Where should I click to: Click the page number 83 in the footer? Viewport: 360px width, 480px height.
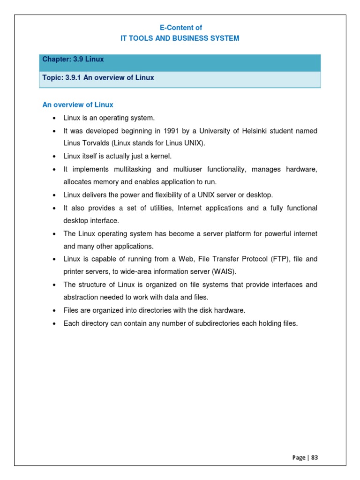pos(314,457)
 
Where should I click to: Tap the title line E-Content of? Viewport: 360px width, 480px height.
pos(180,28)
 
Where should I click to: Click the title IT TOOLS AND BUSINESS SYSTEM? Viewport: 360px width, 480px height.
pos(180,38)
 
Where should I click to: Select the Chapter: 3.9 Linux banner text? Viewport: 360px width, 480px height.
pos(73,59)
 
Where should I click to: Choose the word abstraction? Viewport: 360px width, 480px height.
pos(80,297)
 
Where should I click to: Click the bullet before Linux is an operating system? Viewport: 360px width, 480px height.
pos(55,118)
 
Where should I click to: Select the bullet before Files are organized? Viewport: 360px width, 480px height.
pos(55,311)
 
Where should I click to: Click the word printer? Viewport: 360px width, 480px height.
pos(75,271)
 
